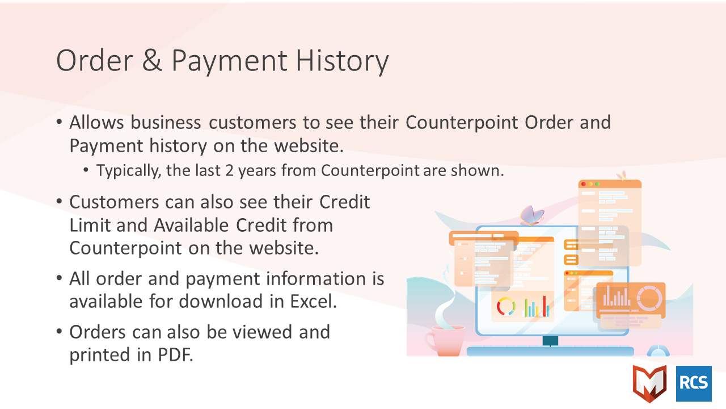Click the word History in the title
tap(342, 61)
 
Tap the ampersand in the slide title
tap(151, 60)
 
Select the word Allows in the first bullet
tap(96, 122)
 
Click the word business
tap(166, 122)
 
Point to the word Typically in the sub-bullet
tap(129, 171)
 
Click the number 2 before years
tap(230, 170)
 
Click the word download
tap(221, 301)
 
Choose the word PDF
tap(175, 354)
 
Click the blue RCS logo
tap(694, 383)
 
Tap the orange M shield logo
tap(650, 383)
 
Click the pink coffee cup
tap(446, 340)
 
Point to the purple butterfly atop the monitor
tap(531, 215)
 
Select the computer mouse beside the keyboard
tap(659, 351)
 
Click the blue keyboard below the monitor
tap(550, 351)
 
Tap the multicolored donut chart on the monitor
tap(506, 306)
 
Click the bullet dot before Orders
tap(59, 332)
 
